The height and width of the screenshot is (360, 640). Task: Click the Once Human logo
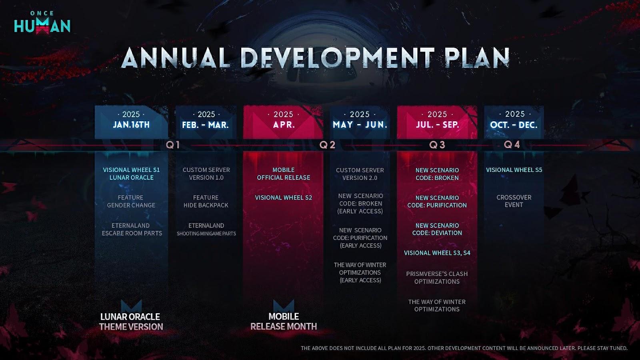coord(42,23)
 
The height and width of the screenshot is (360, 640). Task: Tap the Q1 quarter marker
coord(173,145)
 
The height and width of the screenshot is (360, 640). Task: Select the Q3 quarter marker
coord(437,145)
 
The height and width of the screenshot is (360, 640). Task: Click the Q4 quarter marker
coord(512,144)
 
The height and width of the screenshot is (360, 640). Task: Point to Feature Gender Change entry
coord(131,202)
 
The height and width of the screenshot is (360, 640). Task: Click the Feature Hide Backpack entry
coord(206,202)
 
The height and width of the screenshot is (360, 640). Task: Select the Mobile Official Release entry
coord(284,174)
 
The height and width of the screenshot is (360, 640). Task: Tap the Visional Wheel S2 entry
coord(284,198)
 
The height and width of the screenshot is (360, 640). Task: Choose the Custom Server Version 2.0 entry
coord(360,174)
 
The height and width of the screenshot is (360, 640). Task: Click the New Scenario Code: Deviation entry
coord(437,229)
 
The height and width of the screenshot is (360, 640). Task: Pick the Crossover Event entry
coord(514,201)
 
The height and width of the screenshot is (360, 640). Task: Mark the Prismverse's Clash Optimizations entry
coord(437,278)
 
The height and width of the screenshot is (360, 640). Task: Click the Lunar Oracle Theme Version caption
coord(131,322)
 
